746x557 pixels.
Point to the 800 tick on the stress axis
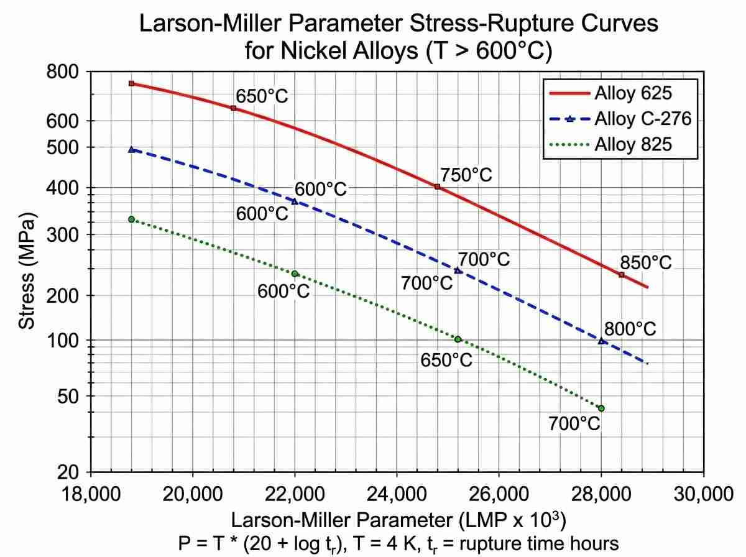(x=63, y=72)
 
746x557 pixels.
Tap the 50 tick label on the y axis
(x=70, y=396)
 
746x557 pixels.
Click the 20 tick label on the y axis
(x=70, y=472)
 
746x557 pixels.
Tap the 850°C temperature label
(x=646, y=262)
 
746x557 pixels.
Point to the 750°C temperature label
(x=466, y=175)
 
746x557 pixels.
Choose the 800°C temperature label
(x=630, y=329)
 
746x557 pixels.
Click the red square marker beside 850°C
(x=621, y=275)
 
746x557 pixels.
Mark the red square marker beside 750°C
(x=437, y=186)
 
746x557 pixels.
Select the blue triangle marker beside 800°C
(x=601, y=341)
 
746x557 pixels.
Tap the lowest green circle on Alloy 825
(x=601, y=408)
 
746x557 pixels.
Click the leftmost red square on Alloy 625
(x=131, y=83)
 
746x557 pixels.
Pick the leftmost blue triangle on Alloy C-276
(x=131, y=149)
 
